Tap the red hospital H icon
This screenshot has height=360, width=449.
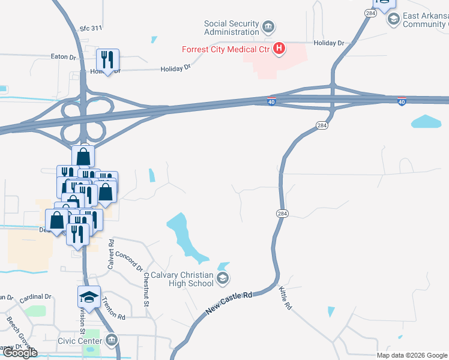pyautogui.click(x=279, y=49)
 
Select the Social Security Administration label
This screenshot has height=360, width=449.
pyautogui.click(x=231, y=28)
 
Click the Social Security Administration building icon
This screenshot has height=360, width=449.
pyautogui.click(x=268, y=27)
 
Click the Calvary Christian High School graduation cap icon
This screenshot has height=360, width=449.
pyautogui.click(x=223, y=277)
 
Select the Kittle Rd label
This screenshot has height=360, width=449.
pyautogui.click(x=285, y=298)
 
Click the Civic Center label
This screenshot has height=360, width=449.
pyautogui.click(x=82, y=342)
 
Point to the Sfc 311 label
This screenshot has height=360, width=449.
pyautogui.click(x=91, y=28)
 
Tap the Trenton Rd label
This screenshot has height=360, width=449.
pyautogui.click(x=113, y=308)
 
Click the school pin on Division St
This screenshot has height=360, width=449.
pyautogui.click(x=89, y=298)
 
